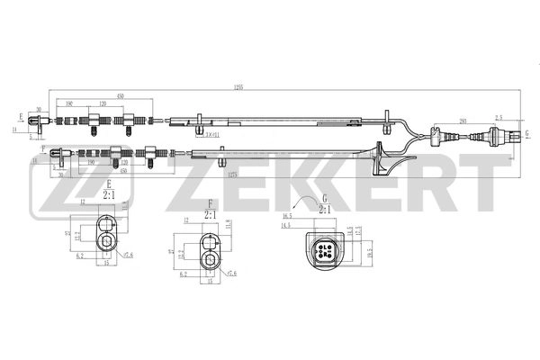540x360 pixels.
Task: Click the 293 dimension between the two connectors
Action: click(x=463, y=120)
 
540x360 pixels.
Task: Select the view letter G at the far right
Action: click(x=526, y=132)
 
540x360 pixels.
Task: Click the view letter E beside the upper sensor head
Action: click(x=20, y=117)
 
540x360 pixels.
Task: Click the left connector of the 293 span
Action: click(x=437, y=138)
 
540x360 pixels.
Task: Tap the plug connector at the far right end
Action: click(x=497, y=137)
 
